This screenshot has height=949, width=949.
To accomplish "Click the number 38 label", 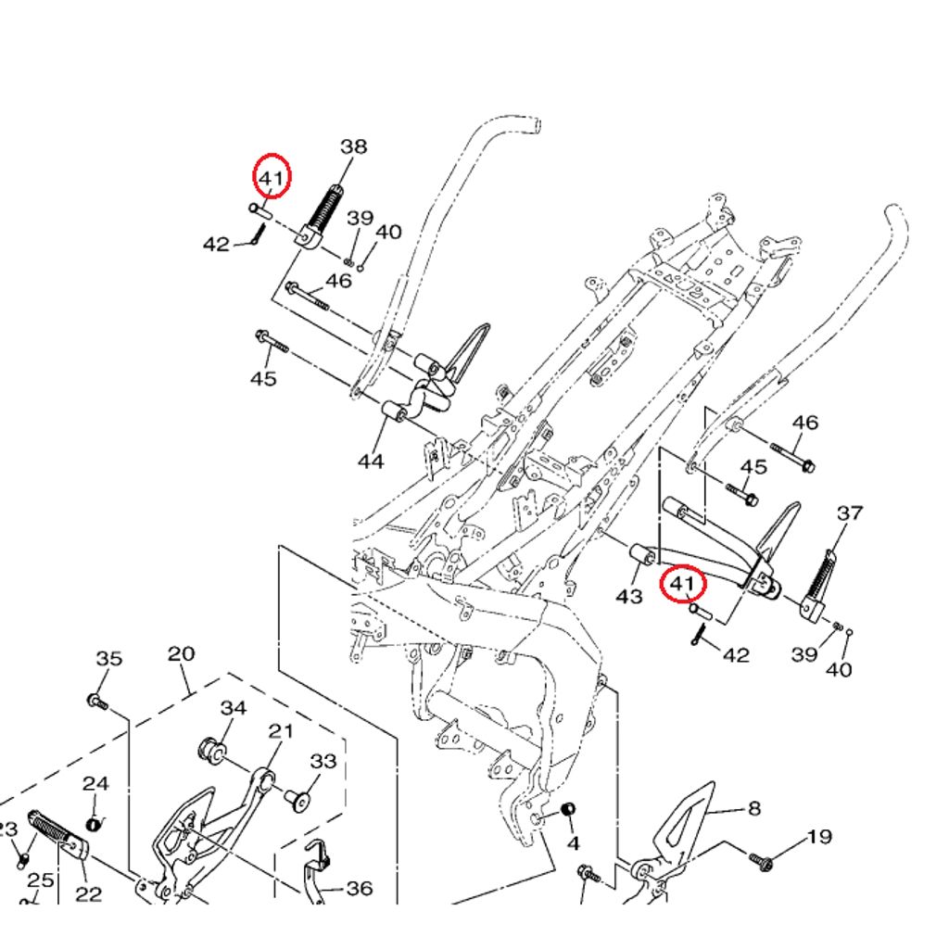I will pos(353,146).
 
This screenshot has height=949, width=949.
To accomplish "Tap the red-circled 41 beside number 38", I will pos(272,176).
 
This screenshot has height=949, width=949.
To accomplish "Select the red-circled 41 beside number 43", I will pos(682,584).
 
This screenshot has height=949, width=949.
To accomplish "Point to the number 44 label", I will pos(371,461).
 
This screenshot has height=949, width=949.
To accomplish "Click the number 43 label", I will pos(628,597).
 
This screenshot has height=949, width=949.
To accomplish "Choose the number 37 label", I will pos(850,512).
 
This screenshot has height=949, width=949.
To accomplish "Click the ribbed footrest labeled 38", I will pos(323,215).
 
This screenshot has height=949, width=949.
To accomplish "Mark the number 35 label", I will pos(108,659).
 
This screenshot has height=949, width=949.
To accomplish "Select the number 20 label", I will pos(181,653).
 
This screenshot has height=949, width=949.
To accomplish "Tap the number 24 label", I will pos(95,783).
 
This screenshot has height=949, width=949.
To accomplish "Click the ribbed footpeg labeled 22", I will pos(58,833).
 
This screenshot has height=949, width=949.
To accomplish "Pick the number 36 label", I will pos(359,889).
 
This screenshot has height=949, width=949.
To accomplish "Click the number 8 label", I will pos(753,808).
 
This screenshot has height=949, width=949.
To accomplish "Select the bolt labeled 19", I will pos(765,862).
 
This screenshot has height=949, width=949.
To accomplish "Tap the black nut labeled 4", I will pos(569,811).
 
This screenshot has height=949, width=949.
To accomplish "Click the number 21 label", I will pos(281,730).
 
